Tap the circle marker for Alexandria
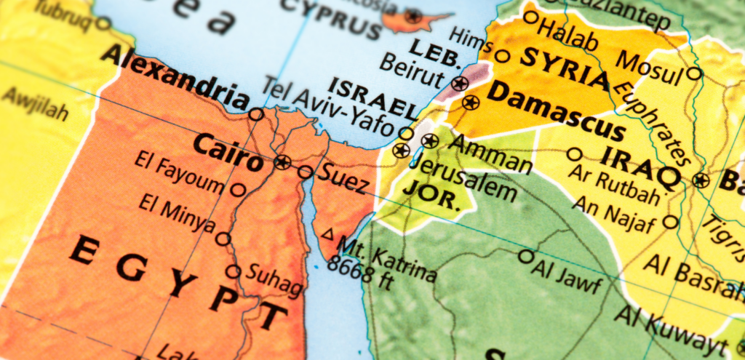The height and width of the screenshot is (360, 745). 256,114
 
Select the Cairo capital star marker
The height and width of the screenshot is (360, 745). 282,161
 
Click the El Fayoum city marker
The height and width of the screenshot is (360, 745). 238,190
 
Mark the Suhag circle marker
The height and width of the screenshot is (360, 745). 233,272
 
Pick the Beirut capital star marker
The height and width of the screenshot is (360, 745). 459,84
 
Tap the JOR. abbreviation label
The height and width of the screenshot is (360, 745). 432,195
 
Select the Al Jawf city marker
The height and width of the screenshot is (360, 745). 526,256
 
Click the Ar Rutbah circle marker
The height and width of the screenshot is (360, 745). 575,154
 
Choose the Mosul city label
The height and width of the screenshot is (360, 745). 651,67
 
